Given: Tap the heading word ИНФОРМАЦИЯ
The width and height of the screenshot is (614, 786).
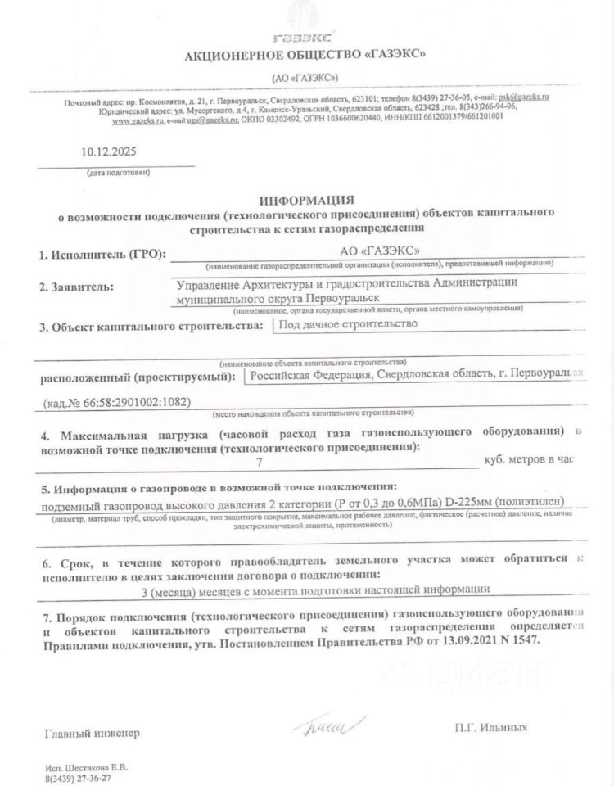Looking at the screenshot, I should (x=306, y=200).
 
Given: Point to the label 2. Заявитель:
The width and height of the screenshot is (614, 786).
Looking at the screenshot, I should (x=77, y=287).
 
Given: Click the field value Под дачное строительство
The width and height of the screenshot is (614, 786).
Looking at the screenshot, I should (x=349, y=323).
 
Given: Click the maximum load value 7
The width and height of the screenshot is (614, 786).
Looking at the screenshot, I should (x=260, y=461).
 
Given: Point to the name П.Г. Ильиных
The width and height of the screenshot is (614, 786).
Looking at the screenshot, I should (x=490, y=726).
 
